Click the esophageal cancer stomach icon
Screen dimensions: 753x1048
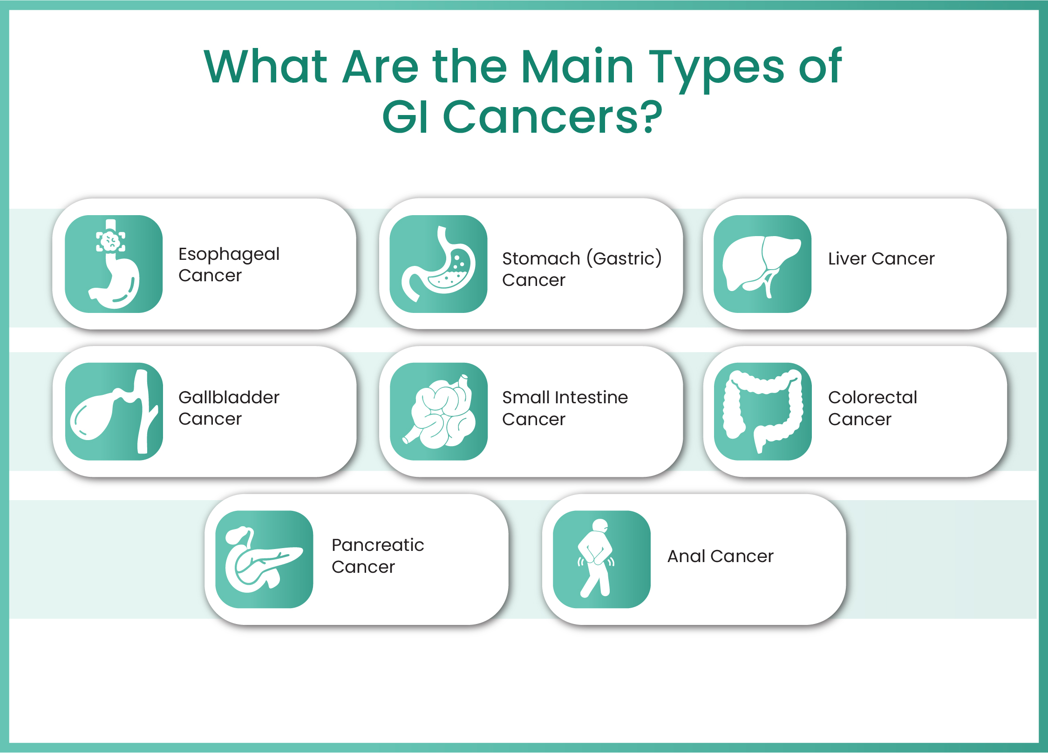click(114, 264)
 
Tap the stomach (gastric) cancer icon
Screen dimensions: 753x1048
click(438, 264)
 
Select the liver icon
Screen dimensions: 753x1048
click(762, 264)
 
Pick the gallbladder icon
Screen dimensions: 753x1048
click(114, 412)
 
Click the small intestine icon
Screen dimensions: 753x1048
click(439, 412)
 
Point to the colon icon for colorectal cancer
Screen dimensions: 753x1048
click(763, 412)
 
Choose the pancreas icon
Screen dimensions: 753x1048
click(264, 559)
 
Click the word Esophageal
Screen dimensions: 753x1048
click(229, 254)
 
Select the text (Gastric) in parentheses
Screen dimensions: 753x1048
click(624, 258)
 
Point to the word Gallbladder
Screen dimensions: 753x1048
click(229, 397)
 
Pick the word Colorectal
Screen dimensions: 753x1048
click(872, 397)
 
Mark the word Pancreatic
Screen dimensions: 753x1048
click(378, 545)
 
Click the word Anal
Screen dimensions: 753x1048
click(687, 556)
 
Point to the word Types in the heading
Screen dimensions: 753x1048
click(716, 68)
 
